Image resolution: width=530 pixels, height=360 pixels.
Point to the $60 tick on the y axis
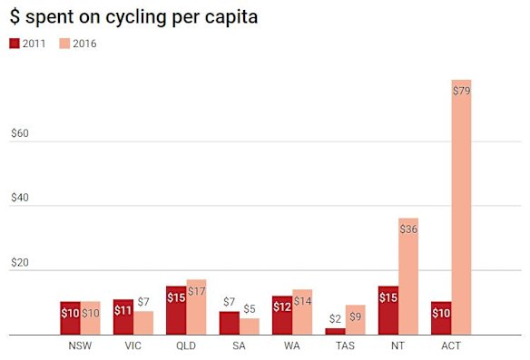tap(21, 133)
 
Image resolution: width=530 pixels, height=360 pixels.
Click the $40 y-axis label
tap(21, 201)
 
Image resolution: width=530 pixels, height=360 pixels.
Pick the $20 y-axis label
tap(21, 264)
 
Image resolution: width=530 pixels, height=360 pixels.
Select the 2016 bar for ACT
tap(460, 208)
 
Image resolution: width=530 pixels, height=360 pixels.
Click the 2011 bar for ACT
tap(441, 318)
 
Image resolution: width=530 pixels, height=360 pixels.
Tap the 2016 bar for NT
tap(407, 277)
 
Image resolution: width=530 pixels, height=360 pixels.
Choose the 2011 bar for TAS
tap(335, 332)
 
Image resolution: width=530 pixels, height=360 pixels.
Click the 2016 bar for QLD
tap(196, 307)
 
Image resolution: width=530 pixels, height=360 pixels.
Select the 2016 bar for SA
tap(249, 326)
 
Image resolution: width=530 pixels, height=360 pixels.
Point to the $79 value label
tap(461, 90)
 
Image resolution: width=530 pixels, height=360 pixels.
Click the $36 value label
tap(407, 229)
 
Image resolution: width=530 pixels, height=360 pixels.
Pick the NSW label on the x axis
tap(79, 346)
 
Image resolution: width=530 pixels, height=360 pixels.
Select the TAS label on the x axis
tap(345, 346)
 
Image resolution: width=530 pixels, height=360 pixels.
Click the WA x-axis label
tap(291, 346)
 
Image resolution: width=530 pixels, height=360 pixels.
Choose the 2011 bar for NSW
tap(70, 318)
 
